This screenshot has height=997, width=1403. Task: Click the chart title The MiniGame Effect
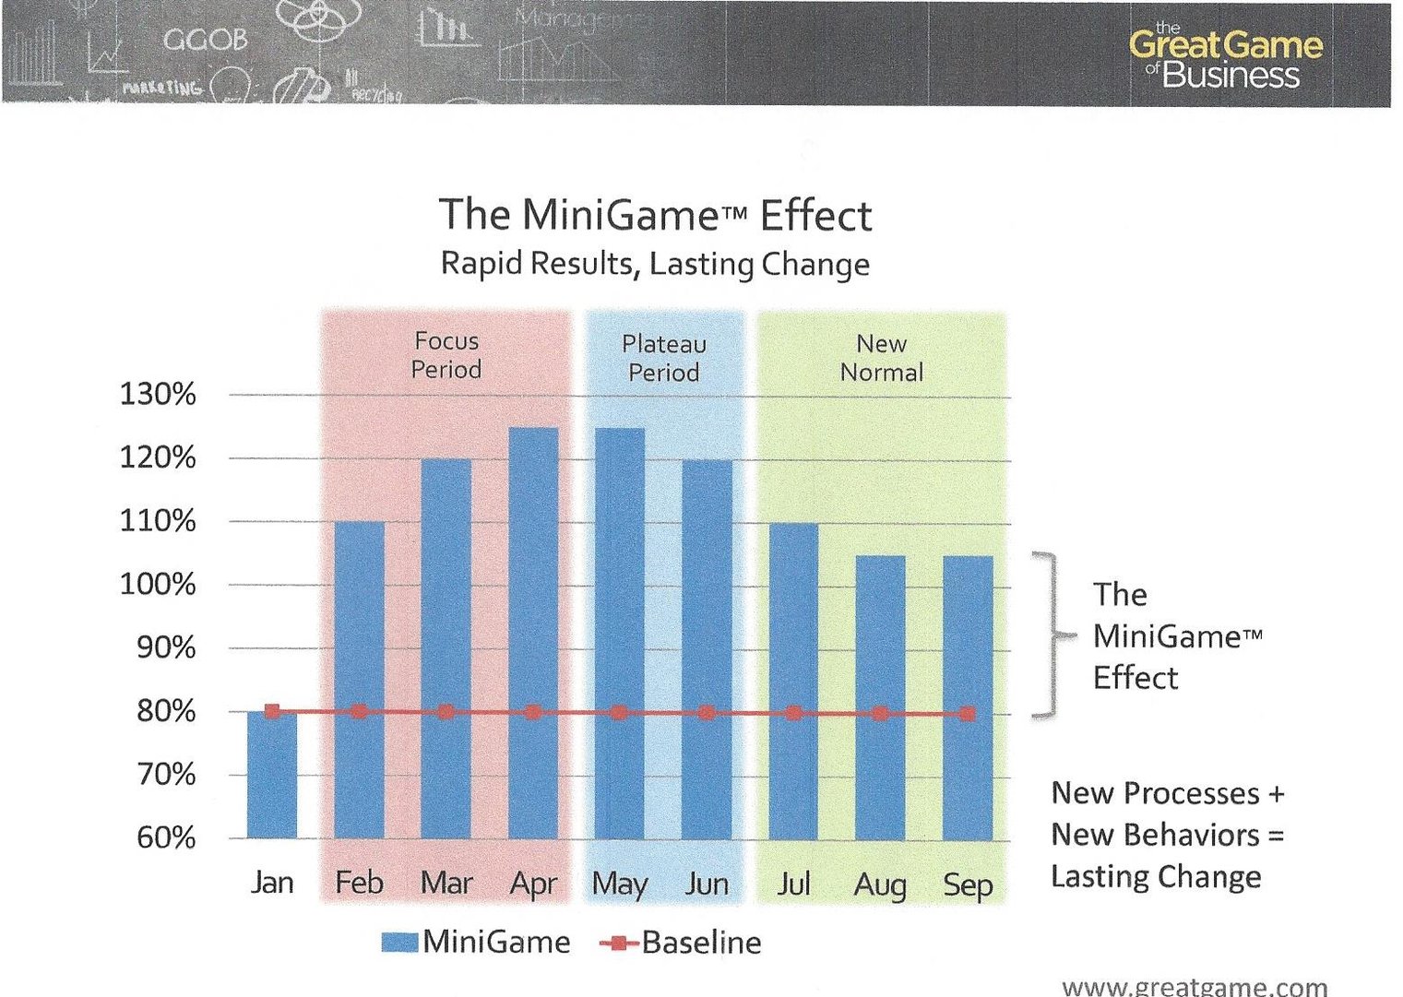click(x=655, y=215)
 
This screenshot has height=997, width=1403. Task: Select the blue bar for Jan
click(x=272, y=775)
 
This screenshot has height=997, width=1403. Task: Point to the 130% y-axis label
click(x=158, y=395)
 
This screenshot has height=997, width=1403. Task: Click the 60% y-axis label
click(x=166, y=837)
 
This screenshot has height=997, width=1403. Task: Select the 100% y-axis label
click(x=158, y=585)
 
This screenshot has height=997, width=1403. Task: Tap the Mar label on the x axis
click(x=446, y=883)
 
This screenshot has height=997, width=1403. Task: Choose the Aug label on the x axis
click(x=880, y=884)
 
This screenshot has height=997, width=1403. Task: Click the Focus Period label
click(x=446, y=355)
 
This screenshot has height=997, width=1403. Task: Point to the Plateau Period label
click(x=664, y=358)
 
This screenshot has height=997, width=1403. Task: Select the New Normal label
click(x=881, y=358)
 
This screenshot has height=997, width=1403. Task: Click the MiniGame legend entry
click(x=476, y=942)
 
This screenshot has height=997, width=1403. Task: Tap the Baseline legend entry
click(x=681, y=943)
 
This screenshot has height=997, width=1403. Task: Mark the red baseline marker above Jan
click(x=272, y=711)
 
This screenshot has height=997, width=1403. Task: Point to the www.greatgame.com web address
click(x=1195, y=986)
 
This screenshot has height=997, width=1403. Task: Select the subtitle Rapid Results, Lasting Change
click(x=655, y=264)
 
